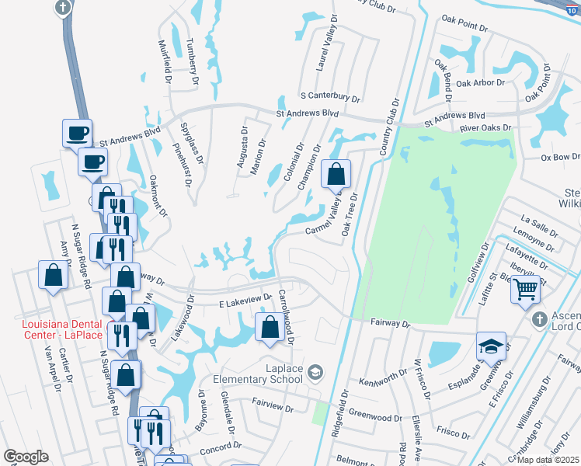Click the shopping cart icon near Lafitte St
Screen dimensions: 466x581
(x=526, y=289)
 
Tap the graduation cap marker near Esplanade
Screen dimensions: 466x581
(x=491, y=346)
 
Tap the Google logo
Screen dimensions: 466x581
(x=26, y=457)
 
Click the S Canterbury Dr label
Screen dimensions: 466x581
(x=331, y=99)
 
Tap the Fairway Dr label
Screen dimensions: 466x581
(x=389, y=322)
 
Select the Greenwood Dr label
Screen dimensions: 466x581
(x=375, y=416)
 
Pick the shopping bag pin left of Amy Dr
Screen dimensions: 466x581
(x=52, y=274)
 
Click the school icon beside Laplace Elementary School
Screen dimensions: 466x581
(x=315, y=374)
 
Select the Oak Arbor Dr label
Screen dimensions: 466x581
(x=481, y=82)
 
